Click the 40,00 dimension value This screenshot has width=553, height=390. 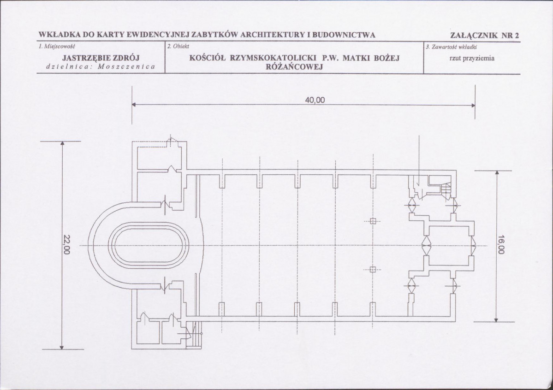point(315,100)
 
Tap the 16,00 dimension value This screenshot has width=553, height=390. point(501,244)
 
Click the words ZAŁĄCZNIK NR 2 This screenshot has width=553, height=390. point(485,35)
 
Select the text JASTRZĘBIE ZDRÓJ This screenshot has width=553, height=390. point(101,58)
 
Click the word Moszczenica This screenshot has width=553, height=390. point(126,67)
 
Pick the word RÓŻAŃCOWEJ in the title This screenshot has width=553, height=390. point(294,67)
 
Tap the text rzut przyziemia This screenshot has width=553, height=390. point(472,59)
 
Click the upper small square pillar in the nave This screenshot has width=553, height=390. point(373,221)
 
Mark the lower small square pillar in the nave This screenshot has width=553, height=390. point(373,270)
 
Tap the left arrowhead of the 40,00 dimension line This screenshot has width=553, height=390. point(134,105)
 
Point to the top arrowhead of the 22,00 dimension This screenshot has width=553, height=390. point(62,143)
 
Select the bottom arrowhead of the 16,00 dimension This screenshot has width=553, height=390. point(496,320)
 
